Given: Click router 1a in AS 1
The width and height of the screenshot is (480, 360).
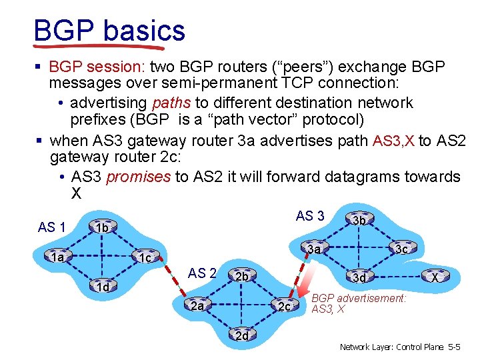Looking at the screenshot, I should tap(59, 256).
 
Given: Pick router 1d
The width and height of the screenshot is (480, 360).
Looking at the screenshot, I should tap(101, 287).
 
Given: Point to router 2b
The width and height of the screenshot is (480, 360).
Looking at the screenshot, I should tap(241, 276).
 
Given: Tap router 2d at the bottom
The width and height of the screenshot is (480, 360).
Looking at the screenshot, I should tap(241, 335).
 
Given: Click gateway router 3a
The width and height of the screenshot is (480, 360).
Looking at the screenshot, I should tap(315, 249).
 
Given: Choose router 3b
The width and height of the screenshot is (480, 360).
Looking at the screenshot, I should tap(359, 220).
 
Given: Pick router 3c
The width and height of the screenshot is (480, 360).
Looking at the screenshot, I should tap(402, 249).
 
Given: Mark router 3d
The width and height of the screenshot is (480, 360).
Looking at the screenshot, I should tap(359, 277).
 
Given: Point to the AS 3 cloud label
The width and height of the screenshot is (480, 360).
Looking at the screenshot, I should tap(310, 215).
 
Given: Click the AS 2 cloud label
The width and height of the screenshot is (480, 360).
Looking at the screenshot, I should tap(202, 273).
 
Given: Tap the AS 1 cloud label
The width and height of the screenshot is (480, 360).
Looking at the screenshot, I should tap(51, 227).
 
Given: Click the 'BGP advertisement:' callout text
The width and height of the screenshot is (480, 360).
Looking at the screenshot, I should tap(359, 299).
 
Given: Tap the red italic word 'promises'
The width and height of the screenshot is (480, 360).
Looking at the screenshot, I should tap(139, 177).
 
